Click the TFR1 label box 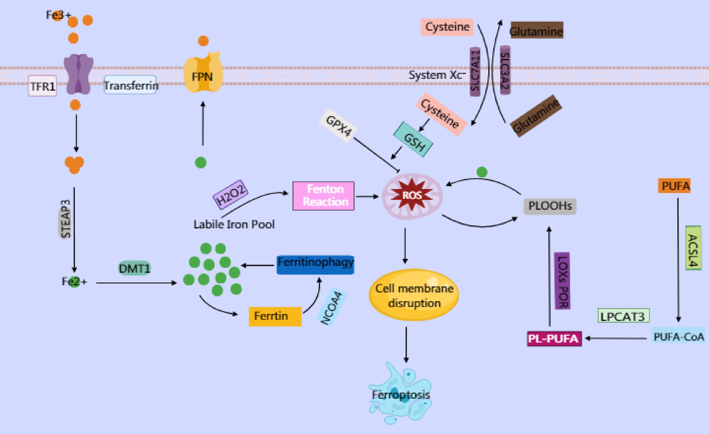point(42,86)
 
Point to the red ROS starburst point(412,195)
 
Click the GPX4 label point(338,126)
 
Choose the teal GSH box point(413,139)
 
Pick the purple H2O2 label point(230,193)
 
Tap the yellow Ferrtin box point(275,316)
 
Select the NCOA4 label point(331,308)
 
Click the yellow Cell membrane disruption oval point(414,295)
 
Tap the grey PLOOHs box point(549,206)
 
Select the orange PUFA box point(674,186)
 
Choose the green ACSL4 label point(693,247)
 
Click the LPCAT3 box point(623,316)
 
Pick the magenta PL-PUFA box point(554,339)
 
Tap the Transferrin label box point(130,85)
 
